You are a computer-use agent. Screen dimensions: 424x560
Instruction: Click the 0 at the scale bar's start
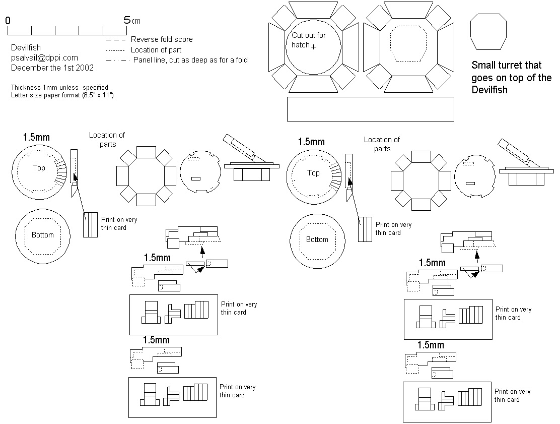click(x=8, y=20)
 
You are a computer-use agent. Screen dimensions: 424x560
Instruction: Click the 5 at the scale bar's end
click(x=126, y=20)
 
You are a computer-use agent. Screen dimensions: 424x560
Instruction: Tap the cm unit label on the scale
click(x=136, y=21)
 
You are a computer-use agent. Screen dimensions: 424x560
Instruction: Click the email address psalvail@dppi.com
click(x=44, y=57)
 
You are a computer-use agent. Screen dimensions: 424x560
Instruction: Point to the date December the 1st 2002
click(x=52, y=67)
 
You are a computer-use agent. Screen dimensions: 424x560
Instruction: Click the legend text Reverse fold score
click(x=162, y=39)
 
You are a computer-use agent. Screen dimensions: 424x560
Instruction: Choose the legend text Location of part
click(x=156, y=50)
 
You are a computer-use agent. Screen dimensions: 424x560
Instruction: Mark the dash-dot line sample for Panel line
click(x=117, y=60)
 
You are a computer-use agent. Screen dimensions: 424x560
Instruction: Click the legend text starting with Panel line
click(x=190, y=60)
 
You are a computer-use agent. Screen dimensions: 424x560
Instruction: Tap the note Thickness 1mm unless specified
click(x=59, y=88)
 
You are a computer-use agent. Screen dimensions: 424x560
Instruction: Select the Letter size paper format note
click(x=62, y=95)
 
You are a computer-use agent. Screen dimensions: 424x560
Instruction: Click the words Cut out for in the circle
click(x=309, y=36)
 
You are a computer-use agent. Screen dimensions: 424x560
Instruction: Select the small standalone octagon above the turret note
click(x=488, y=32)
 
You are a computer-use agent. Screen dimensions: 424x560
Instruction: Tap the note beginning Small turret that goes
click(x=511, y=78)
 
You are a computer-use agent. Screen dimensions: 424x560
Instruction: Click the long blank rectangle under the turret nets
click(x=370, y=109)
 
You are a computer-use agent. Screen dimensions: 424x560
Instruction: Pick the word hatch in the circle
click(x=300, y=45)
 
